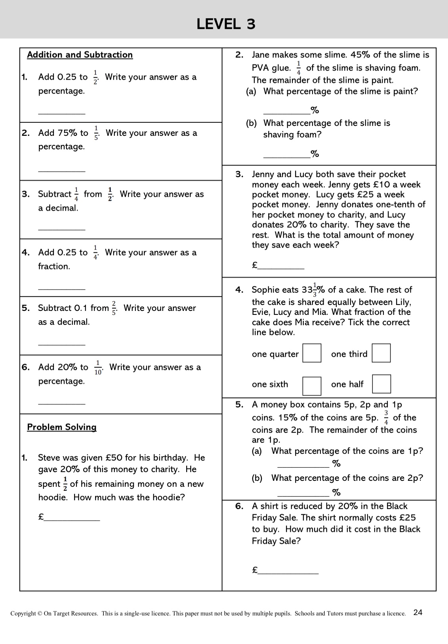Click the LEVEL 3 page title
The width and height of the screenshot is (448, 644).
pyautogui.click(x=226, y=24)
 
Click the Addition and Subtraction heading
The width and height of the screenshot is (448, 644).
pyautogui.click(x=80, y=55)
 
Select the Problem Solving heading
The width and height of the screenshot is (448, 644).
pyautogui.click(x=62, y=427)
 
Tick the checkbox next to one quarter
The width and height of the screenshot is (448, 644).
pyautogui.click(x=312, y=353)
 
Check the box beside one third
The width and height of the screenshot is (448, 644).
pyautogui.click(x=381, y=353)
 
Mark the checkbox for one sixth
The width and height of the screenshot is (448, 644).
pyautogui.click(x=312, y=386)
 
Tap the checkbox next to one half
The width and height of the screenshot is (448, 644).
pyautogui.click(x=381, y=384)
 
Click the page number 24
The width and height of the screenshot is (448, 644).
pyautogui.click(x=417, y=612)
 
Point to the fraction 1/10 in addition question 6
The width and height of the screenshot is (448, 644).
pyautogui.click(x=98, y=367)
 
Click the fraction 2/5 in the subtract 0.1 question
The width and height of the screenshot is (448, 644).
pyautogui.click(x=114, y=308)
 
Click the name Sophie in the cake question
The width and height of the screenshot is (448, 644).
pyautogui.click(x=266, y=290)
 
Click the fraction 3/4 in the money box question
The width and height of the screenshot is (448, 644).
pyautogui.click(x=386, y=417)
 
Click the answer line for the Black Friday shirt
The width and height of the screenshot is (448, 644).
pyautogui.click(x=288, y=571)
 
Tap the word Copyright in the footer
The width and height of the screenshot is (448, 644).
pyautogui.click(x=23, y=614)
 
